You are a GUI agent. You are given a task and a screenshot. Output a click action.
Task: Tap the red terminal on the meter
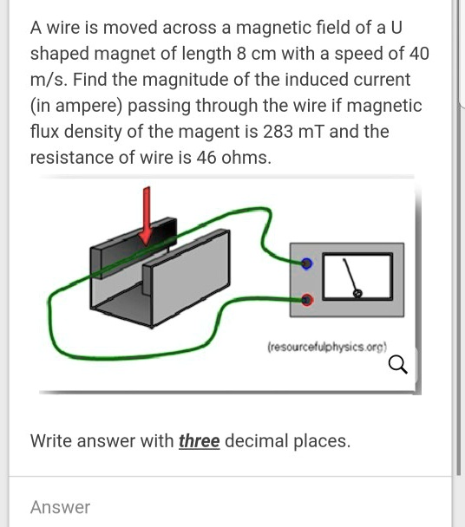[306, 300]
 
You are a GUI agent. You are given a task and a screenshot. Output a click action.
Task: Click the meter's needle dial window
[357, 277]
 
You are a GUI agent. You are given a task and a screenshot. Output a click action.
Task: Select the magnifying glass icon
[398, 365]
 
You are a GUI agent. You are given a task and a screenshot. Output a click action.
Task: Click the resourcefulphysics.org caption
[325, 345]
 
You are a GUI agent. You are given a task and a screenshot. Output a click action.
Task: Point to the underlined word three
[199, 440]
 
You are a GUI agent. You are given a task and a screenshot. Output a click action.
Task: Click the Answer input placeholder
[60, 507]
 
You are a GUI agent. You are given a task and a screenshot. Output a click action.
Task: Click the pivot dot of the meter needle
[357, 294]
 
